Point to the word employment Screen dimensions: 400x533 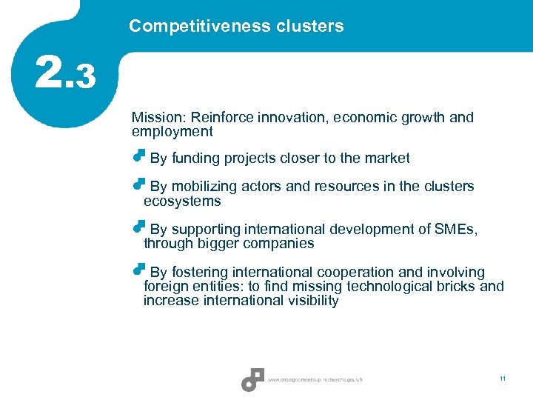[x=172, y=132]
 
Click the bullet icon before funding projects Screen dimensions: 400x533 [x=138, y=156]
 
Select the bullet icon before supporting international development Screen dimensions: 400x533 [x=138, y=227]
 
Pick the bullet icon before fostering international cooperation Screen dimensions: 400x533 [x=138, y=270]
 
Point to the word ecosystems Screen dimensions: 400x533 [x=182, y=201]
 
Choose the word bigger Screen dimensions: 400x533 [x=220, y=243]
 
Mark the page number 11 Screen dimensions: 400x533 [x=503, y=379]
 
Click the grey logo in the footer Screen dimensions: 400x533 [x=252, y=379]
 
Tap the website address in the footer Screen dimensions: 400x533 [x=315, y=380]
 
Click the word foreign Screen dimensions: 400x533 [x=166, y=286]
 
